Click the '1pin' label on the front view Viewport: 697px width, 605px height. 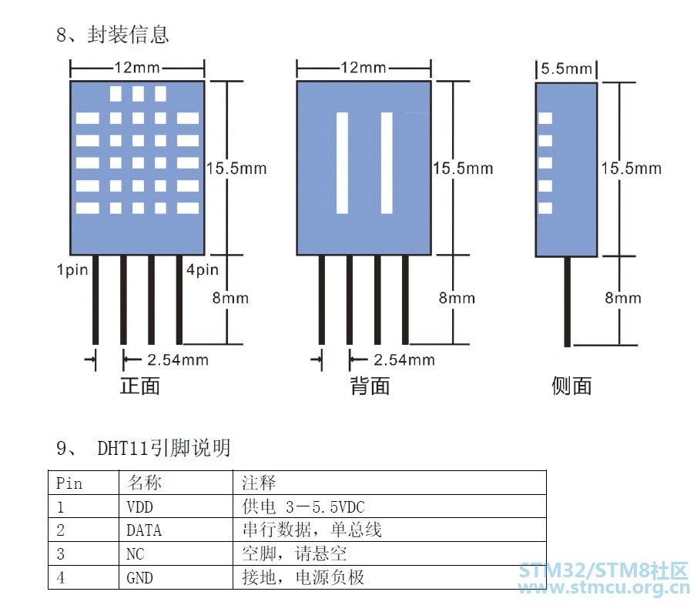click(x=72, y=269)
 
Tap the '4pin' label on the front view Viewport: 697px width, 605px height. click(x=203, y=269)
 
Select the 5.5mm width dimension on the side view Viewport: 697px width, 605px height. click(x=566, y=69)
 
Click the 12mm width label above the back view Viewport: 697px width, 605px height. click(x=364, y=68)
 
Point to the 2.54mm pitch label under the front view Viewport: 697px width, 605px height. click(x=178, y=359)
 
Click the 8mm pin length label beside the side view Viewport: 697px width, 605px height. click(x=623, y=298)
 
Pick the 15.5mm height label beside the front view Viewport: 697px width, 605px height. click(x=236, y=169)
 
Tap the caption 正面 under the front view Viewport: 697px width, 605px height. click(x=140, y=386)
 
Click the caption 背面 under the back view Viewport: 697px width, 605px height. click(x=370, y=386)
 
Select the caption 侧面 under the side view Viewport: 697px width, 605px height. click(x=571, y=386)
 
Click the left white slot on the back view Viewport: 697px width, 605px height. click(x=342, y=163)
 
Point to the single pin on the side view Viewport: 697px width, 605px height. click(x=567, y=301)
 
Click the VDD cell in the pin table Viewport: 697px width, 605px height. click(x=139, y=506)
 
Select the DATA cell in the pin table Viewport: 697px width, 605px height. click(x=143, y=530)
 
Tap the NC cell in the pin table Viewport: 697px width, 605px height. click(x=135, y=554)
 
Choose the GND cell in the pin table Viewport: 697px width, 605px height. click(x=139, y=578)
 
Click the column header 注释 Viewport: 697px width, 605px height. click(x=259, y=483)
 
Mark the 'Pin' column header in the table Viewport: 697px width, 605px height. click(x=69, y=483)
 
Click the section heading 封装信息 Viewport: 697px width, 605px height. click(x=128, y=35)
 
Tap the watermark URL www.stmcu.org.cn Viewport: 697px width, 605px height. click(x=604, y=588)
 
